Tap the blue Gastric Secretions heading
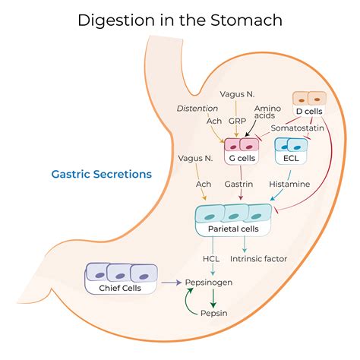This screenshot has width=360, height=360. (101, 174)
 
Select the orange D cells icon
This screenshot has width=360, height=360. (309, 97)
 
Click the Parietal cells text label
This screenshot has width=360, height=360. (233, 229)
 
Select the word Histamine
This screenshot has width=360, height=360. (289, 184)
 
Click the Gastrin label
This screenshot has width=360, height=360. (240, 184)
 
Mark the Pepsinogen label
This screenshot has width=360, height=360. (209, 283)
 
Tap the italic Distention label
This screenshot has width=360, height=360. (195, 108)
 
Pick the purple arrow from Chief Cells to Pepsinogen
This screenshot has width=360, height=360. (171, 283)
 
